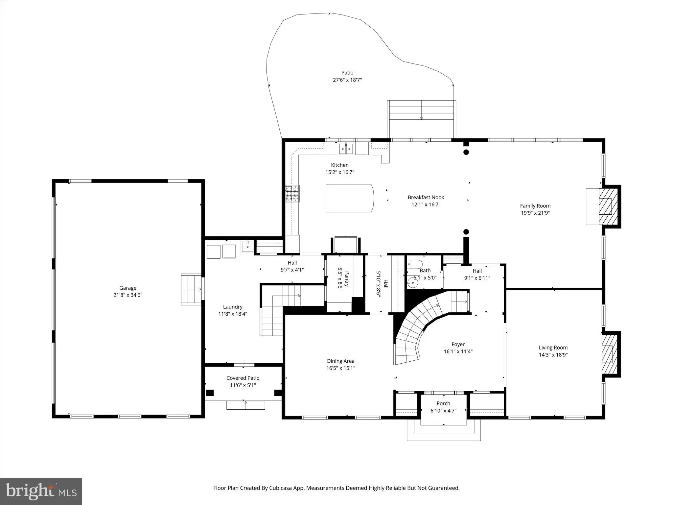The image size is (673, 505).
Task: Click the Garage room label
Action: (128, 288)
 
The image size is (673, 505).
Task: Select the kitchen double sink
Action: (346, 149)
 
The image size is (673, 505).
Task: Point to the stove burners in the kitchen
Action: (292, 193)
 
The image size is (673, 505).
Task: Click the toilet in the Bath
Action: (415, 264)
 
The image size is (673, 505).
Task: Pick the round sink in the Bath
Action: (413, 282)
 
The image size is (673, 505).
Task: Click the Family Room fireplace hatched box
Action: (608, 206)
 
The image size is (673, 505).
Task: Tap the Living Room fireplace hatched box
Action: (610, 354)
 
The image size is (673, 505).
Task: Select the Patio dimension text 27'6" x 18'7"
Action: (347, 80)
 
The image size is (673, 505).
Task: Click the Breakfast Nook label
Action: (426, 197)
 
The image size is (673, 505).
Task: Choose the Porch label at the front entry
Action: (443, 403)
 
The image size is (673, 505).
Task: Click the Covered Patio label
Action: (243, 378)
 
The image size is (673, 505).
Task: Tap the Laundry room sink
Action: (247, 246)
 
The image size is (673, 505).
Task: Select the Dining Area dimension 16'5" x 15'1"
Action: (341, 368)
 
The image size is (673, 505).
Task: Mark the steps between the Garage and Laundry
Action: (191, 289)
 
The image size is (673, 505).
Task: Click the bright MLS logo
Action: (41, 492)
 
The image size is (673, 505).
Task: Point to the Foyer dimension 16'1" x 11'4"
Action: (458, 351)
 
